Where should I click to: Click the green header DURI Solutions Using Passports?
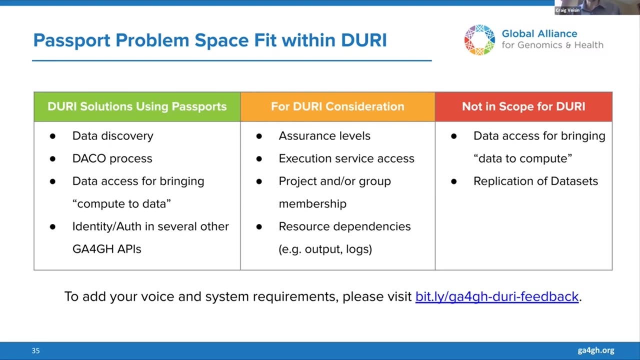point(137,106)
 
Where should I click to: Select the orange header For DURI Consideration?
point(337,106)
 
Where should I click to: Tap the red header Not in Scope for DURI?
point(523,106)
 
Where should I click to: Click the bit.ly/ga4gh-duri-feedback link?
point(497,296)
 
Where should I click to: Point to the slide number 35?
point(35,350)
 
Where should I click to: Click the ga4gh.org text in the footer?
point(596,350)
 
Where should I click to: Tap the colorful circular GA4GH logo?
point(479,39)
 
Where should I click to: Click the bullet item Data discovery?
point(113,136)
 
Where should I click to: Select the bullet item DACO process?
point(112,158)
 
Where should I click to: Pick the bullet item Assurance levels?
point(324,136)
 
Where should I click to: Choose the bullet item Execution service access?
point(346,158)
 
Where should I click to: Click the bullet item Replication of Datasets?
point(535,181)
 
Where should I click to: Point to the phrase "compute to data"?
point(121,203)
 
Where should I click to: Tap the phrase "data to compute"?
point(523,158)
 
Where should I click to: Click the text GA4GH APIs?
point(107,249)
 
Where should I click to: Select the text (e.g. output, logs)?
point(325,249)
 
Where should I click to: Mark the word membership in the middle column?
point(312,203)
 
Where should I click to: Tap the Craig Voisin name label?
point(567,10)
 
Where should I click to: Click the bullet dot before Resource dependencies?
point(259,227)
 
